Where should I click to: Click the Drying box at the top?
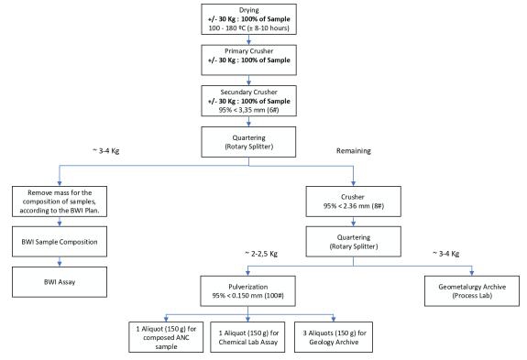pos(248,19)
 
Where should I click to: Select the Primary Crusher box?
pos(248,60)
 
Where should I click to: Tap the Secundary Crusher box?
pos(248,101)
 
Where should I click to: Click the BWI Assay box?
pos(60,282)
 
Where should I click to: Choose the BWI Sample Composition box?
pos(60,242)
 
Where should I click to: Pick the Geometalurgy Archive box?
pos(472,291)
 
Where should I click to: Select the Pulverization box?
pos(248,291)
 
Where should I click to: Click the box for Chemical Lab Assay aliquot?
pos(247,337)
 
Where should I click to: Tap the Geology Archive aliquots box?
pos(334,337)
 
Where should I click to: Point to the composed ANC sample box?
pos(166,337)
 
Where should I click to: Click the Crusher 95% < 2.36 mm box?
pos(353,202)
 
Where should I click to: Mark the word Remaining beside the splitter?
pos(354,151)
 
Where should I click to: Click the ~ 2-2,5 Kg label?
pos(261,254)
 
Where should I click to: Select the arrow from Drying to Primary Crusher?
pos(248,39)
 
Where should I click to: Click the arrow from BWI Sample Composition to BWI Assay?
pos(60,262)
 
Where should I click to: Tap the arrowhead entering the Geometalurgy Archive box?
pos(472,273)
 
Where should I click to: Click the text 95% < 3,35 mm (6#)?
pos(248,110)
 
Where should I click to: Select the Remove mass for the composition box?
pos(60,202)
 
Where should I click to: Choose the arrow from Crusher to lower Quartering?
pos(353,222)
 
